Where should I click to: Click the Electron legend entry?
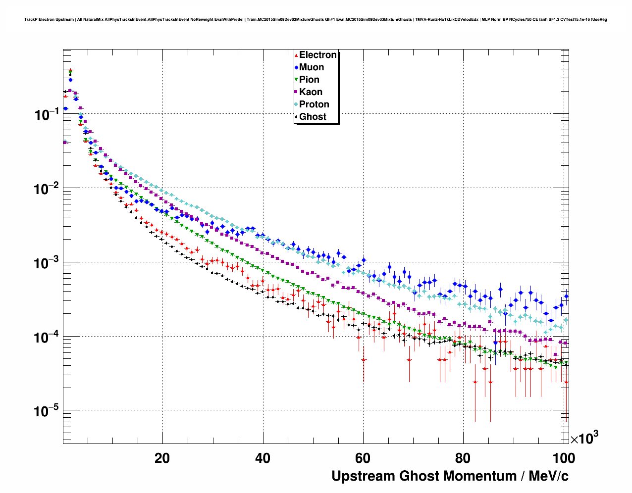coord(317,55)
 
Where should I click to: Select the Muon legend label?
coord(311,67)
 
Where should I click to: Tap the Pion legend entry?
coord(309,80)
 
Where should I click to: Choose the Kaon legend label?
coord(311,92)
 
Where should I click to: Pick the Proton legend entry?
coord(314,104)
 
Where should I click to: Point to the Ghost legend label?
coord(313,117)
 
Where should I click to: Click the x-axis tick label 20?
coord(162,458)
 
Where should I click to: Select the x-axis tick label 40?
coord(263,458)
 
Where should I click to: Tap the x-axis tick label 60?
coord(363,458)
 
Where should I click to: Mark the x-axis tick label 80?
coord(463,458)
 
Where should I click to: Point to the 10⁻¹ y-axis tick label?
coord(47,115)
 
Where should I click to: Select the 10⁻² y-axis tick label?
coord(47,189)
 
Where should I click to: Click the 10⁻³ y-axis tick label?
coord(47,263)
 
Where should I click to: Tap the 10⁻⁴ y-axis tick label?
coord(47,337)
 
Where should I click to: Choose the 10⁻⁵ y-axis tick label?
coord(47,411)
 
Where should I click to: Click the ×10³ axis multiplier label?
coord(584,438)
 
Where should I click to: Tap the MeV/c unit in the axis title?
coord(548,476)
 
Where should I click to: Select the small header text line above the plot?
coord(316,20)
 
